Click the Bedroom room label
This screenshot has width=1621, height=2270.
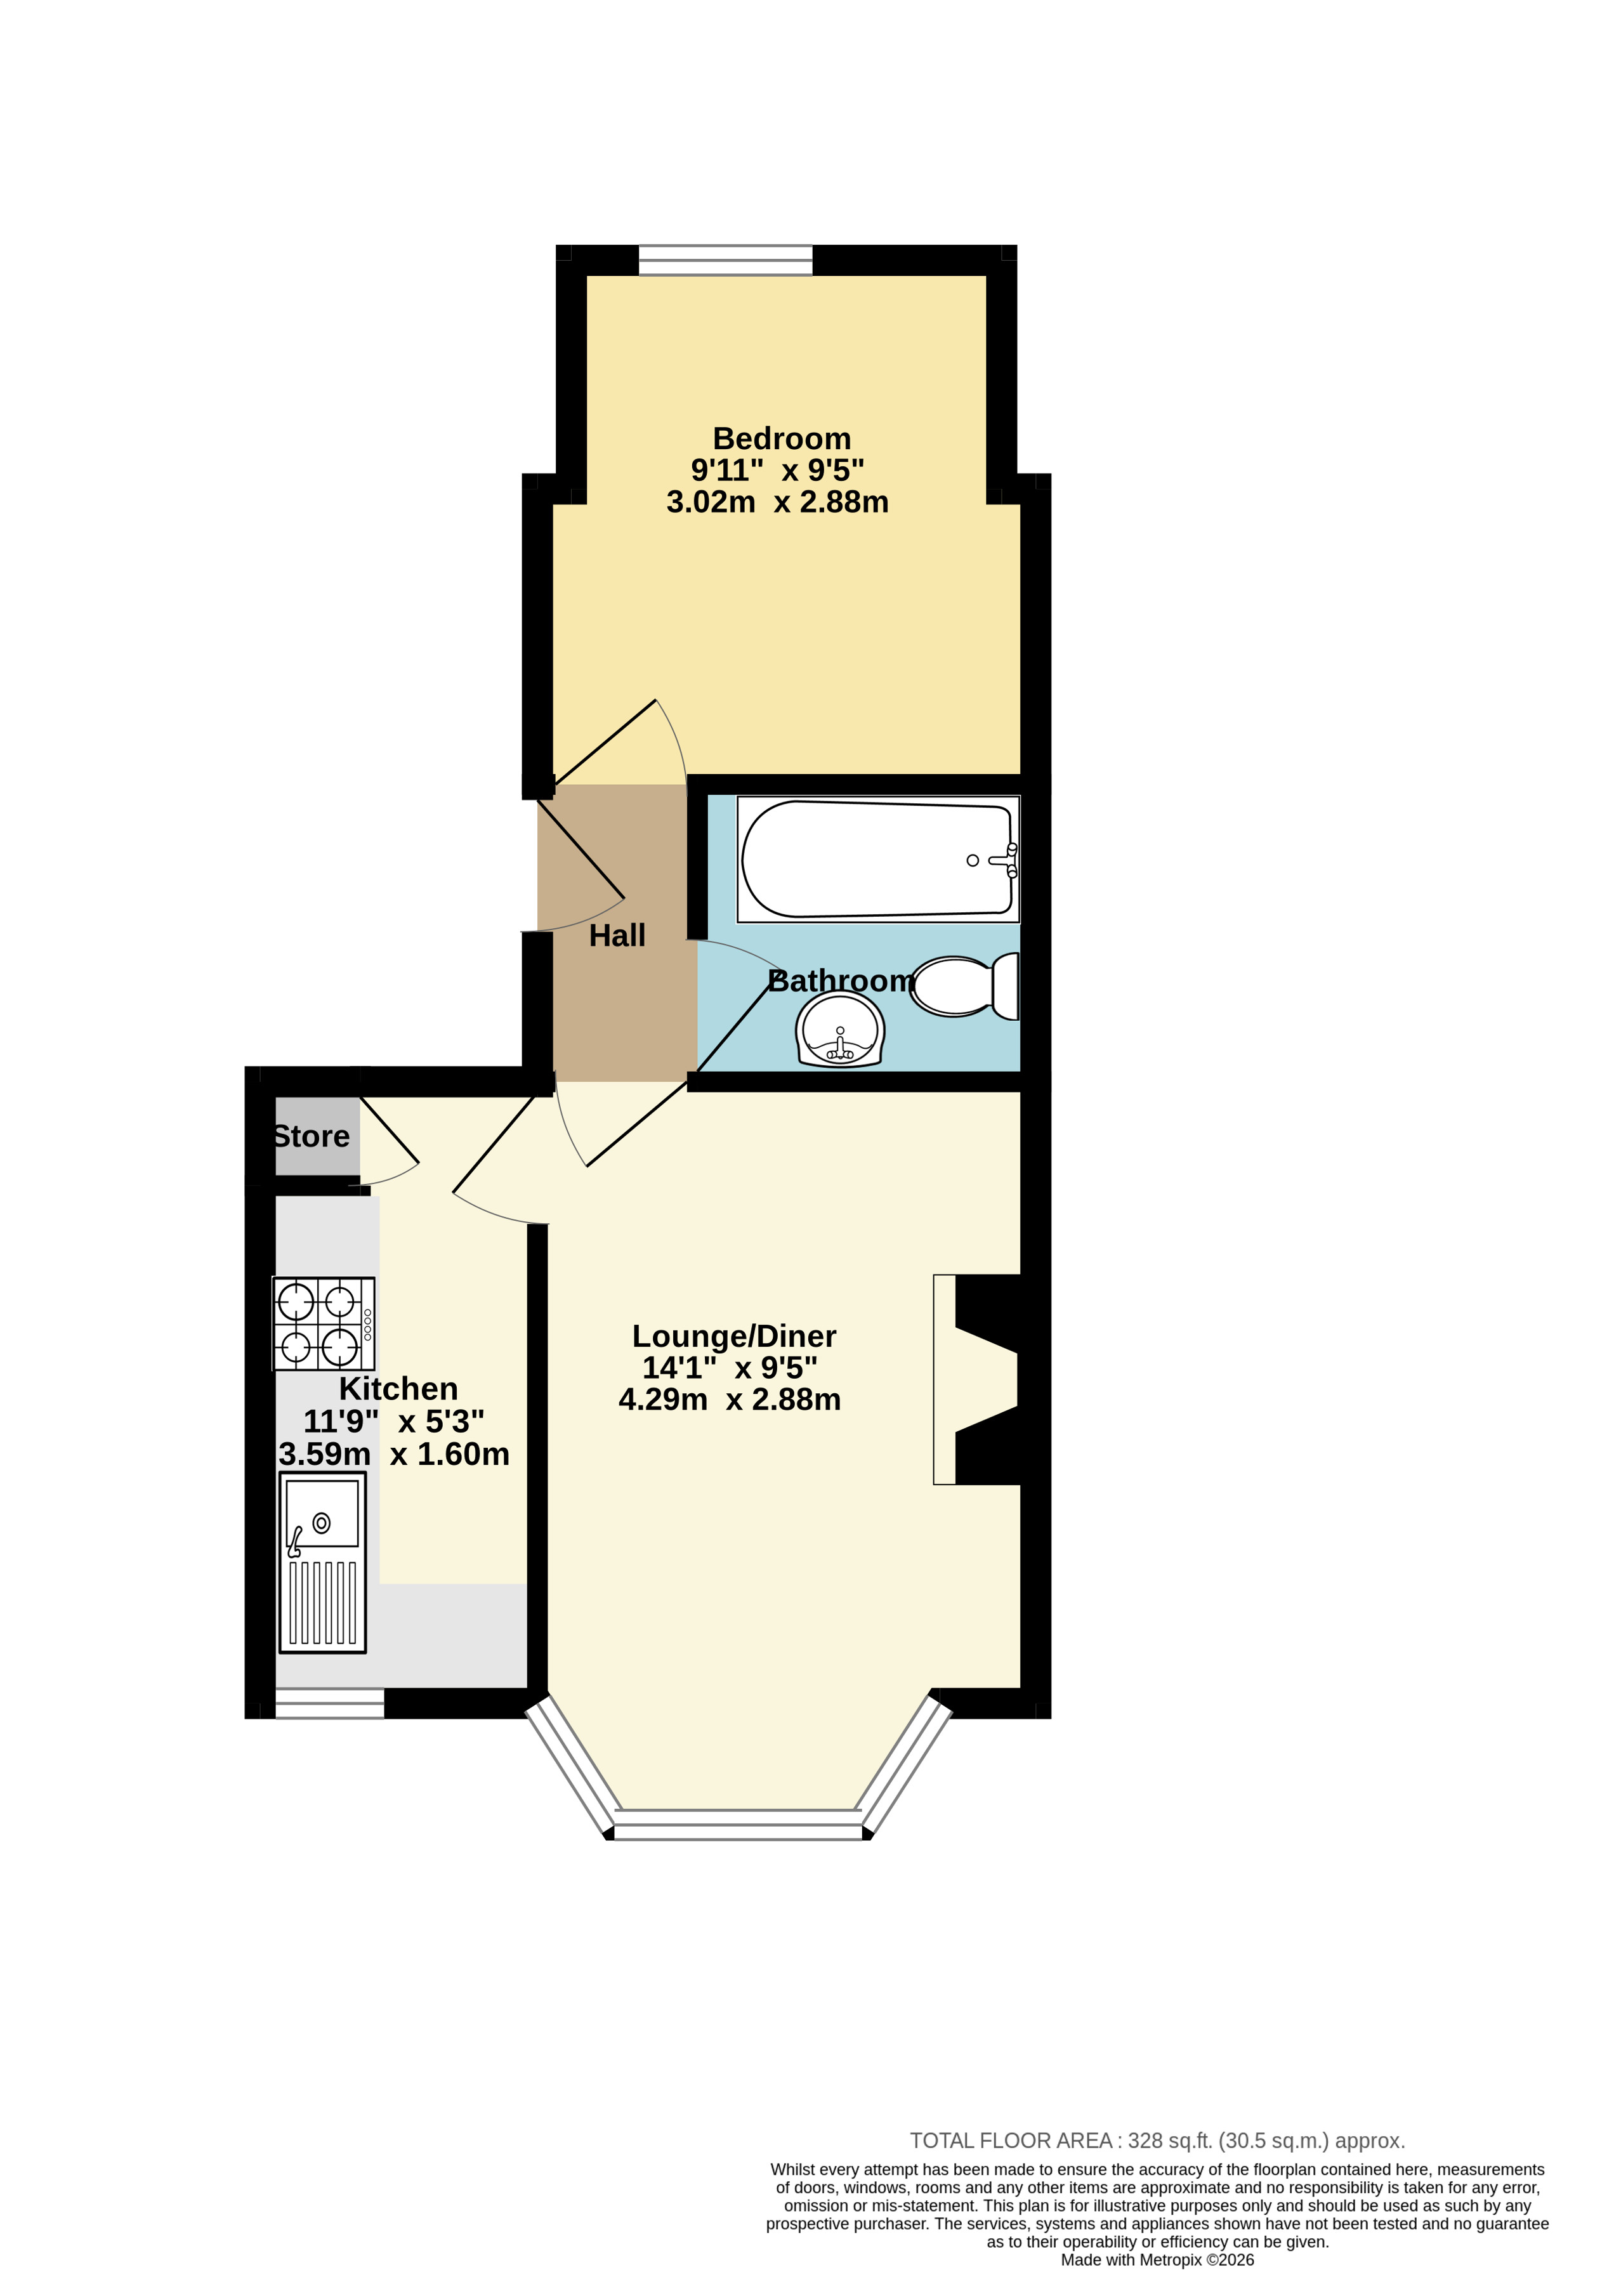782,438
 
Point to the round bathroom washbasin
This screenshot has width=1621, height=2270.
839,1031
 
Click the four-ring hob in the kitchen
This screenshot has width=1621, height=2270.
324,1323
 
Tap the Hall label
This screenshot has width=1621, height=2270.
617,935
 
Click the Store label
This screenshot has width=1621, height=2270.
312,1136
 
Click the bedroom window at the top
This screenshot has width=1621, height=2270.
726,259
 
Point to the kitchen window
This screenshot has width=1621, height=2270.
329,1703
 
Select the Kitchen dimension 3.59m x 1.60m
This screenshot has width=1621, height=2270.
394,1453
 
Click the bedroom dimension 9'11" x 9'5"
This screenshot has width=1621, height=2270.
778,469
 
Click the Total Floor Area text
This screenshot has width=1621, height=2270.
1157,2140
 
